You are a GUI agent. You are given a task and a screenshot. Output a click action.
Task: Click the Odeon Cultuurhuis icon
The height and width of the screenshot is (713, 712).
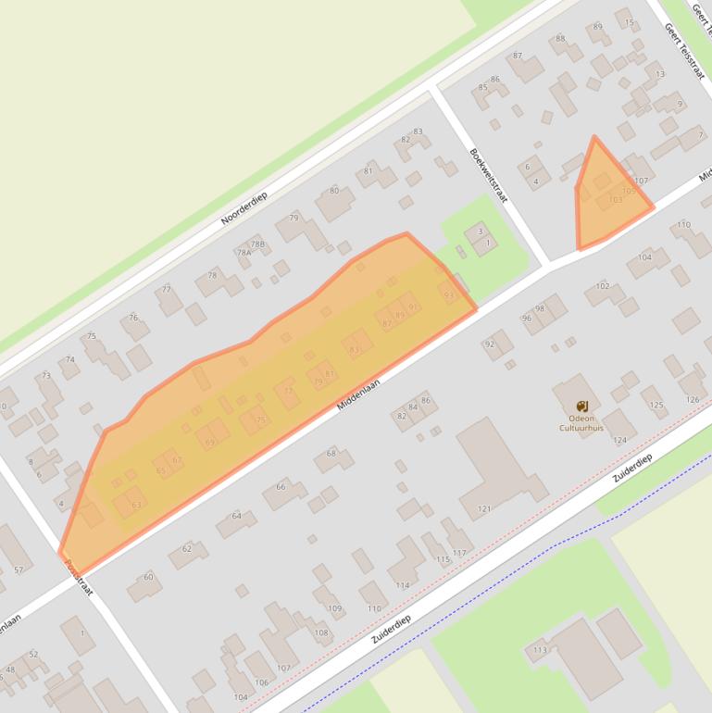tap(582, 407)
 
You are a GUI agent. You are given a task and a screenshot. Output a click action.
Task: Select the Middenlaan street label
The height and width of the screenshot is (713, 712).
tap(358, 388)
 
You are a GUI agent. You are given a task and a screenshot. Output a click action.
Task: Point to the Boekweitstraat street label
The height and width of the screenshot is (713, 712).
tap(488, 176)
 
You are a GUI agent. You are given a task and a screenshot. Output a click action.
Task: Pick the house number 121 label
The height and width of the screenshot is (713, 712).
tap(483, 509)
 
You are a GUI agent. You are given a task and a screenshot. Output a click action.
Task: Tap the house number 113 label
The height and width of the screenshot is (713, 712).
tap(540, 650)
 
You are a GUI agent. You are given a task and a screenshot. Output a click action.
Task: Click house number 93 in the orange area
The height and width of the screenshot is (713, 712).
tap(450, 295)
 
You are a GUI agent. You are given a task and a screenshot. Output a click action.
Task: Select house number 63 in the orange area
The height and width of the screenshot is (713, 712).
tap(137, 505)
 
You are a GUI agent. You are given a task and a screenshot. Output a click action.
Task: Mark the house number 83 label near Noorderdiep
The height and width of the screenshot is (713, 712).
tap(418, 132)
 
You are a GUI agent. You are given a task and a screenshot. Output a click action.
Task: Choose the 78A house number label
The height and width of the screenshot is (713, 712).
tap(244, 252)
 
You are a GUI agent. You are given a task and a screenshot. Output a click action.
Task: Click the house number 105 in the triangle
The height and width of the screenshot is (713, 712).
tap(629, 192)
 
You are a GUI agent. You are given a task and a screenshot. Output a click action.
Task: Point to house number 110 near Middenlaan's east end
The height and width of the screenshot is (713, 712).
tap(683, 225)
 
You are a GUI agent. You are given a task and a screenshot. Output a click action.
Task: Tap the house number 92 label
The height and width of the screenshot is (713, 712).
tap(489, 344)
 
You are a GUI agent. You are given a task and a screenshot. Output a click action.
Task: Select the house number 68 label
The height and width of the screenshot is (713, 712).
tap(331, 453)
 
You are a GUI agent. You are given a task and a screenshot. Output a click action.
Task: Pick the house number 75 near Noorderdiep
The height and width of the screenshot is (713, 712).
tap(91, 336)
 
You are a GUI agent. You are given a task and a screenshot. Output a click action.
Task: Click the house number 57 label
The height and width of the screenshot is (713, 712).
tap(19, 569)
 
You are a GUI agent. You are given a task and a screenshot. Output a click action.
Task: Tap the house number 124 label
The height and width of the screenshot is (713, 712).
tap(619, 440)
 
